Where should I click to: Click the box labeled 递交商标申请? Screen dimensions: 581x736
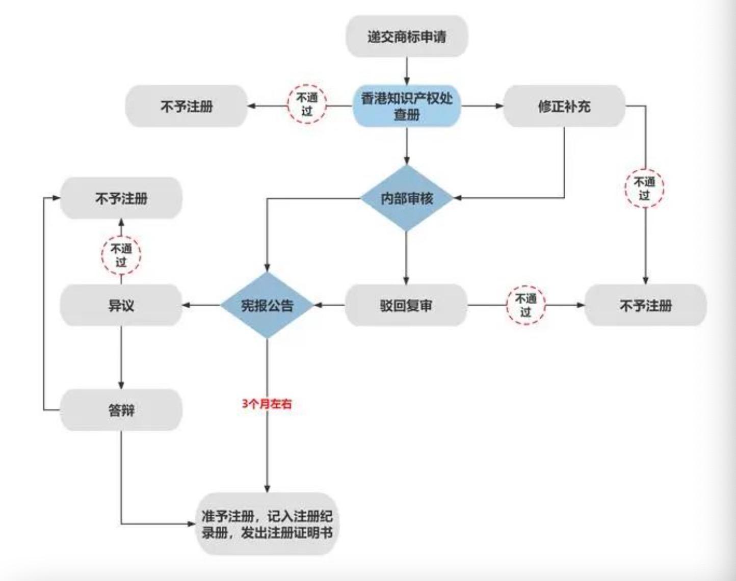coord(407,36)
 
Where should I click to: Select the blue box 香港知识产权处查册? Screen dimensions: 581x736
coord(407,106)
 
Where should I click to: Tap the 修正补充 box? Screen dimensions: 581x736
coord(564,106)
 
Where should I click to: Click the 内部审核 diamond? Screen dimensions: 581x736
coord(407,198)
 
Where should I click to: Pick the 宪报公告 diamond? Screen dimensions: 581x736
coord(267,305)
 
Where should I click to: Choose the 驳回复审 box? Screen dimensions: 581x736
coord(406,305)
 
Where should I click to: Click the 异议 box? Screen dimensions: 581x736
coord(121,305)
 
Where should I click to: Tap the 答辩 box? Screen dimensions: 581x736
coord(121,410)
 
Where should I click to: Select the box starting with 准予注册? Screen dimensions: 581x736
coord(267,524)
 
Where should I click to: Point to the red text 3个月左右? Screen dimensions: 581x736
coord(267,404)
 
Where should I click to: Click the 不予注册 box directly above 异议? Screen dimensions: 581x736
coord(121,198)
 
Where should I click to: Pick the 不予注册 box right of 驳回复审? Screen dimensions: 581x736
coord(645,305)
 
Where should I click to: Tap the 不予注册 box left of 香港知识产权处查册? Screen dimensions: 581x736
coord(187,106)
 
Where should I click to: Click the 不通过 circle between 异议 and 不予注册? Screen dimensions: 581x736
coord(121,255)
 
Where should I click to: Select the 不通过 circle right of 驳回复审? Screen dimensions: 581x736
coord(525,305)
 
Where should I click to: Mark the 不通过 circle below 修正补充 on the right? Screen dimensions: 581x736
coord(645,188)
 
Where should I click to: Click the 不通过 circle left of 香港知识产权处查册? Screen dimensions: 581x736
coord(306,103)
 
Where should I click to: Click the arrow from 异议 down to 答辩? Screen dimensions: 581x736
coord(121,357)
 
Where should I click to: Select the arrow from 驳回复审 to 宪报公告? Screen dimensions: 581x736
coord(329,305)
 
